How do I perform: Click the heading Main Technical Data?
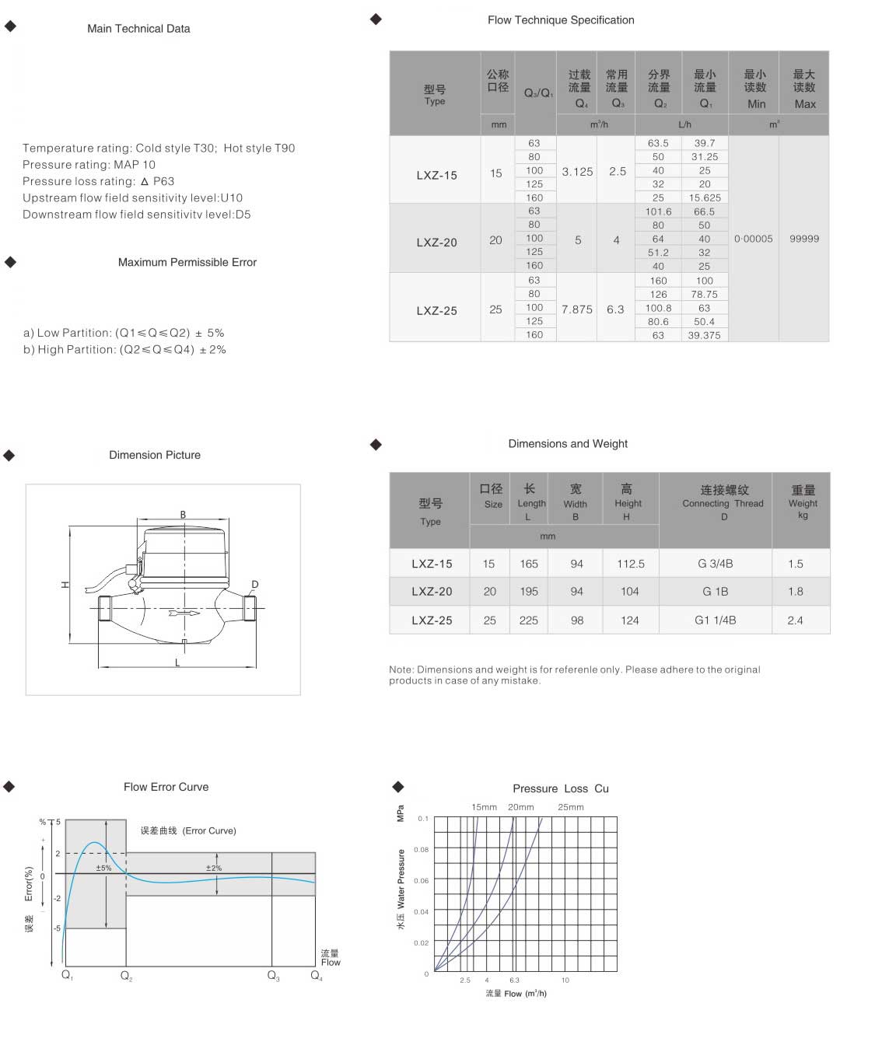click(x=138, y=29)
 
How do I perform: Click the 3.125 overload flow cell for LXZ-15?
click(x=577, y=172)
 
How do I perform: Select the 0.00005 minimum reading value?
click(x=753, y=239)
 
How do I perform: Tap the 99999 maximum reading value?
click(x=804, y=239)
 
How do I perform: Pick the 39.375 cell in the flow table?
click(x=704, y=335)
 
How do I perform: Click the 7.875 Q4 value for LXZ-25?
click(x=576, y=309)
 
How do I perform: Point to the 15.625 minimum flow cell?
click(x=705, y=197)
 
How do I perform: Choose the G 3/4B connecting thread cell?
click(x=715, y=564)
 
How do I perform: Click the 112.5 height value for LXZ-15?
click(x=631, y=564)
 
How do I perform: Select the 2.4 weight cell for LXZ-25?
click(x=795, y=620)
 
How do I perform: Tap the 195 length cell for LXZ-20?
click(x=529, y=592)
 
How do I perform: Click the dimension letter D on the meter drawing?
click(x=255, y=585)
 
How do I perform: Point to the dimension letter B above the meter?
click(x=183, y=514)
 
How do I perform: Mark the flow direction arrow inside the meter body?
click(x=184, y=613)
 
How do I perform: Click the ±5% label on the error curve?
click(x=103, y=868)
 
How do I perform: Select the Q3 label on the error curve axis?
click(x=273, y=976)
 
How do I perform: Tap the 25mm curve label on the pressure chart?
click(x=570, y=807)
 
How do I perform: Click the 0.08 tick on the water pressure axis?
click(x=422, y=849)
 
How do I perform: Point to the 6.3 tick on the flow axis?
click(x=514, y=980)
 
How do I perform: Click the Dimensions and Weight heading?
click(x=568, y=443)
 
